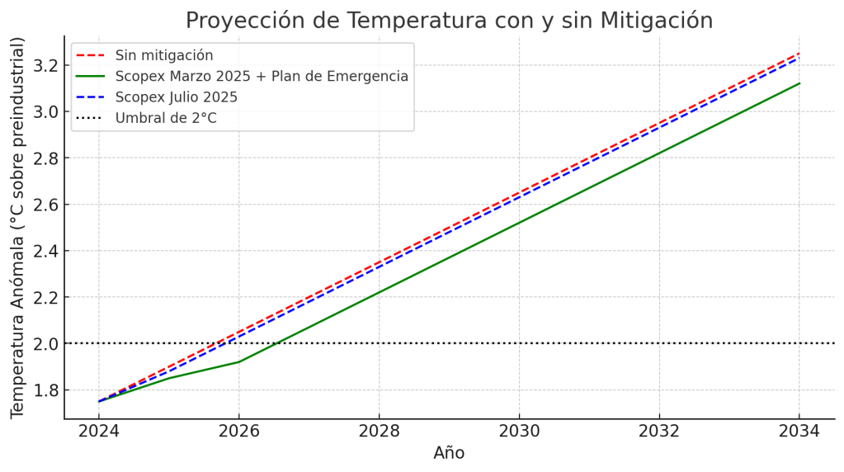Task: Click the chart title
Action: click(449, 20)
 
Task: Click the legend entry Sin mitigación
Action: click(164, 55)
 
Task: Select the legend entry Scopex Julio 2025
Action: click(176, 97)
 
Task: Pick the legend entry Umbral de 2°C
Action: click(166, 118)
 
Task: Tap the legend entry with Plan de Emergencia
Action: click(262, 77)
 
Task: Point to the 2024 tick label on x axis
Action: click(99, 431)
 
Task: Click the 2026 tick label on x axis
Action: click(239, 431)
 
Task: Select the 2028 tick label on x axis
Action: click(379, 431)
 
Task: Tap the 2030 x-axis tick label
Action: click(519, 431)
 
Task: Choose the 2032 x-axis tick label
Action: click(659, 431)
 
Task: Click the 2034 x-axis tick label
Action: click(799, 431)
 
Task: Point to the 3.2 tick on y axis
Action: click(43, 65)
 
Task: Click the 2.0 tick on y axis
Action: click(43, 343)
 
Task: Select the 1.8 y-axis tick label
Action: click(43, 389)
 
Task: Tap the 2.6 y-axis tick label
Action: click(43, 205)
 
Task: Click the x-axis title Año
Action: click(449, 453)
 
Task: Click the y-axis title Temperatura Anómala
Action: click(17, 227)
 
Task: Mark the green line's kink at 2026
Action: click(239, 361)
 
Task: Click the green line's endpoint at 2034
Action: click(799, 83)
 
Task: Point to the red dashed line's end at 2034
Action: click(799, 54)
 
